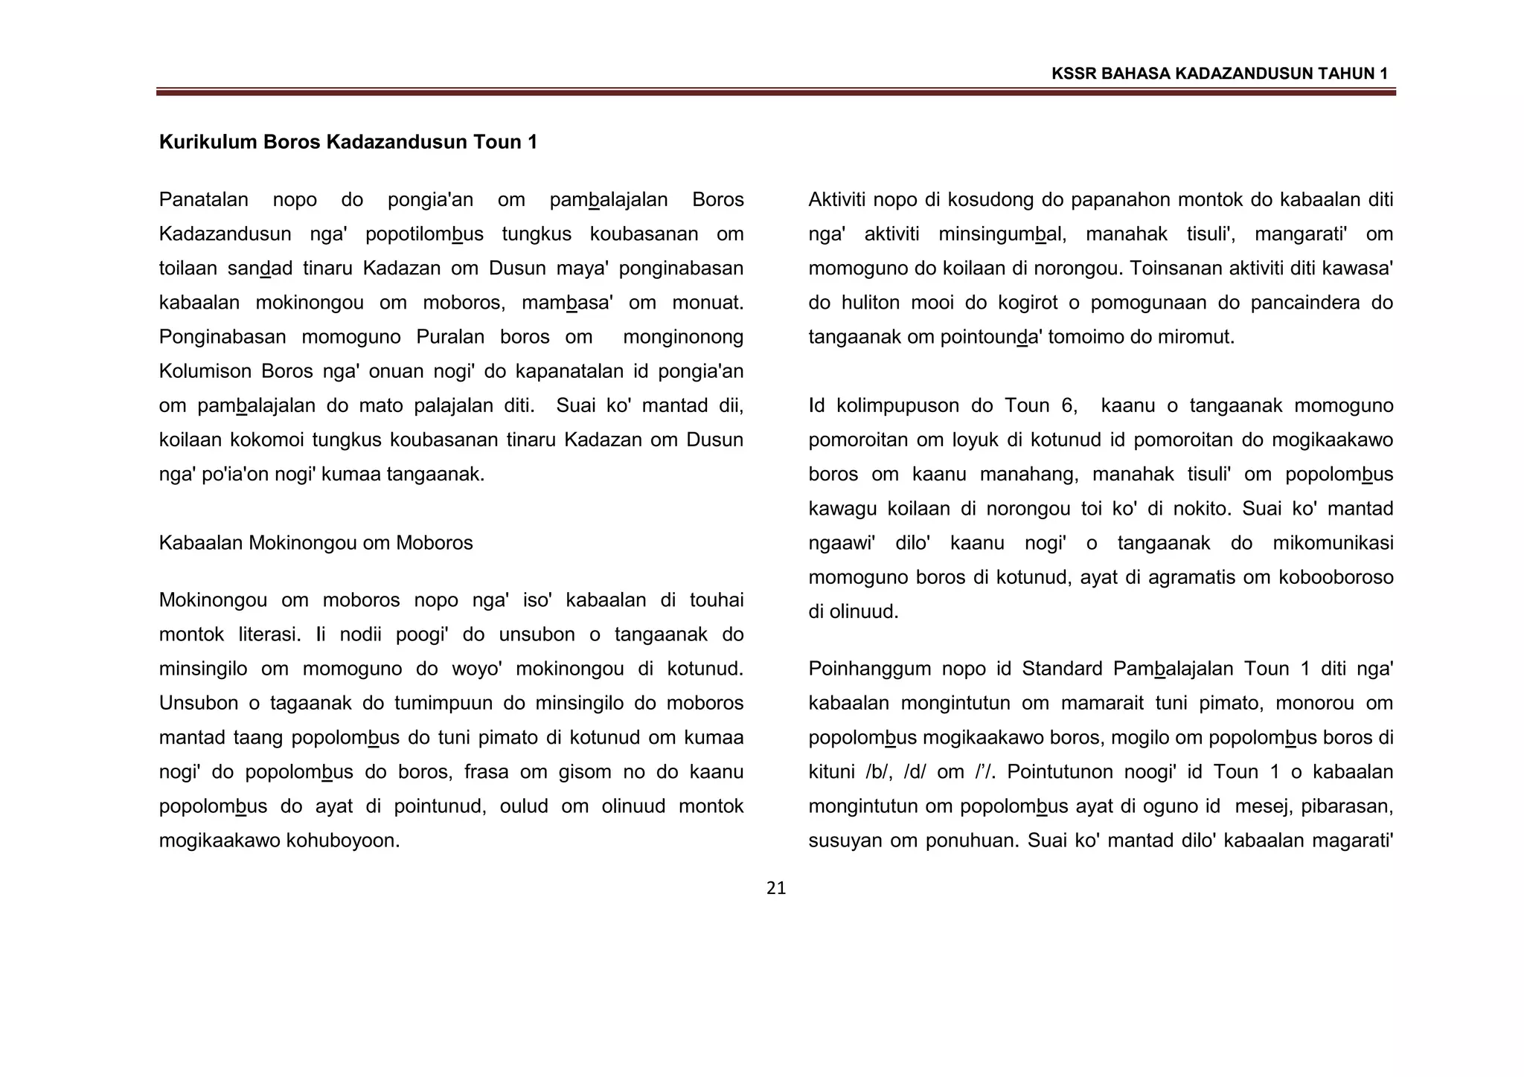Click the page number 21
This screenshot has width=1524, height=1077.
click(x=775, y=888)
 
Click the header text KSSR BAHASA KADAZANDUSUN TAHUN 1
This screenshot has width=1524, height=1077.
click(x=1220, y=74)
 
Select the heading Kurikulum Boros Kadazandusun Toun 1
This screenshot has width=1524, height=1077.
click(x=348, y=142)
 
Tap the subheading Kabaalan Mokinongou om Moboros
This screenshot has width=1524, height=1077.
click(x=316, y=543)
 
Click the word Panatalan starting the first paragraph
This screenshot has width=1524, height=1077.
click(x=203, y=200)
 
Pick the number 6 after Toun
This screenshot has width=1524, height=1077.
click(x=1066, y=406)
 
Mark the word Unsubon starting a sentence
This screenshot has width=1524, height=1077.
click(x=199, y=703)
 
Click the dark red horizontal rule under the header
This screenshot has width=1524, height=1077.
click(x=775, y=92)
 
